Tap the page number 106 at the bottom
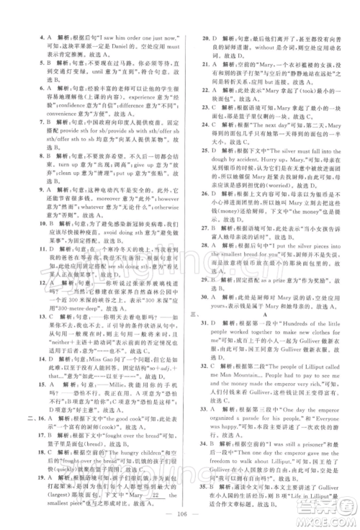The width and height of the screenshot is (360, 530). pyautogui.click(x=180, y=513)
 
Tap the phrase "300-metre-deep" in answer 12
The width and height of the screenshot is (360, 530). pyautogui.click(x=81, y=307)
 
